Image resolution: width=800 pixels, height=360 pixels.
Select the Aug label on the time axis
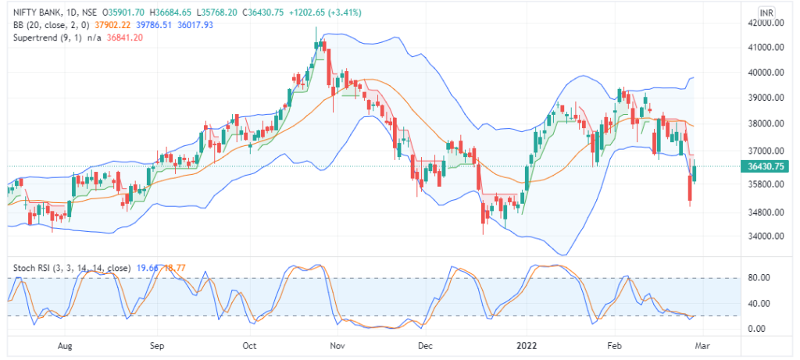[65, 344]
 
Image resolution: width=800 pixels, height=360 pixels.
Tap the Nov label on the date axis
[337, 344]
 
